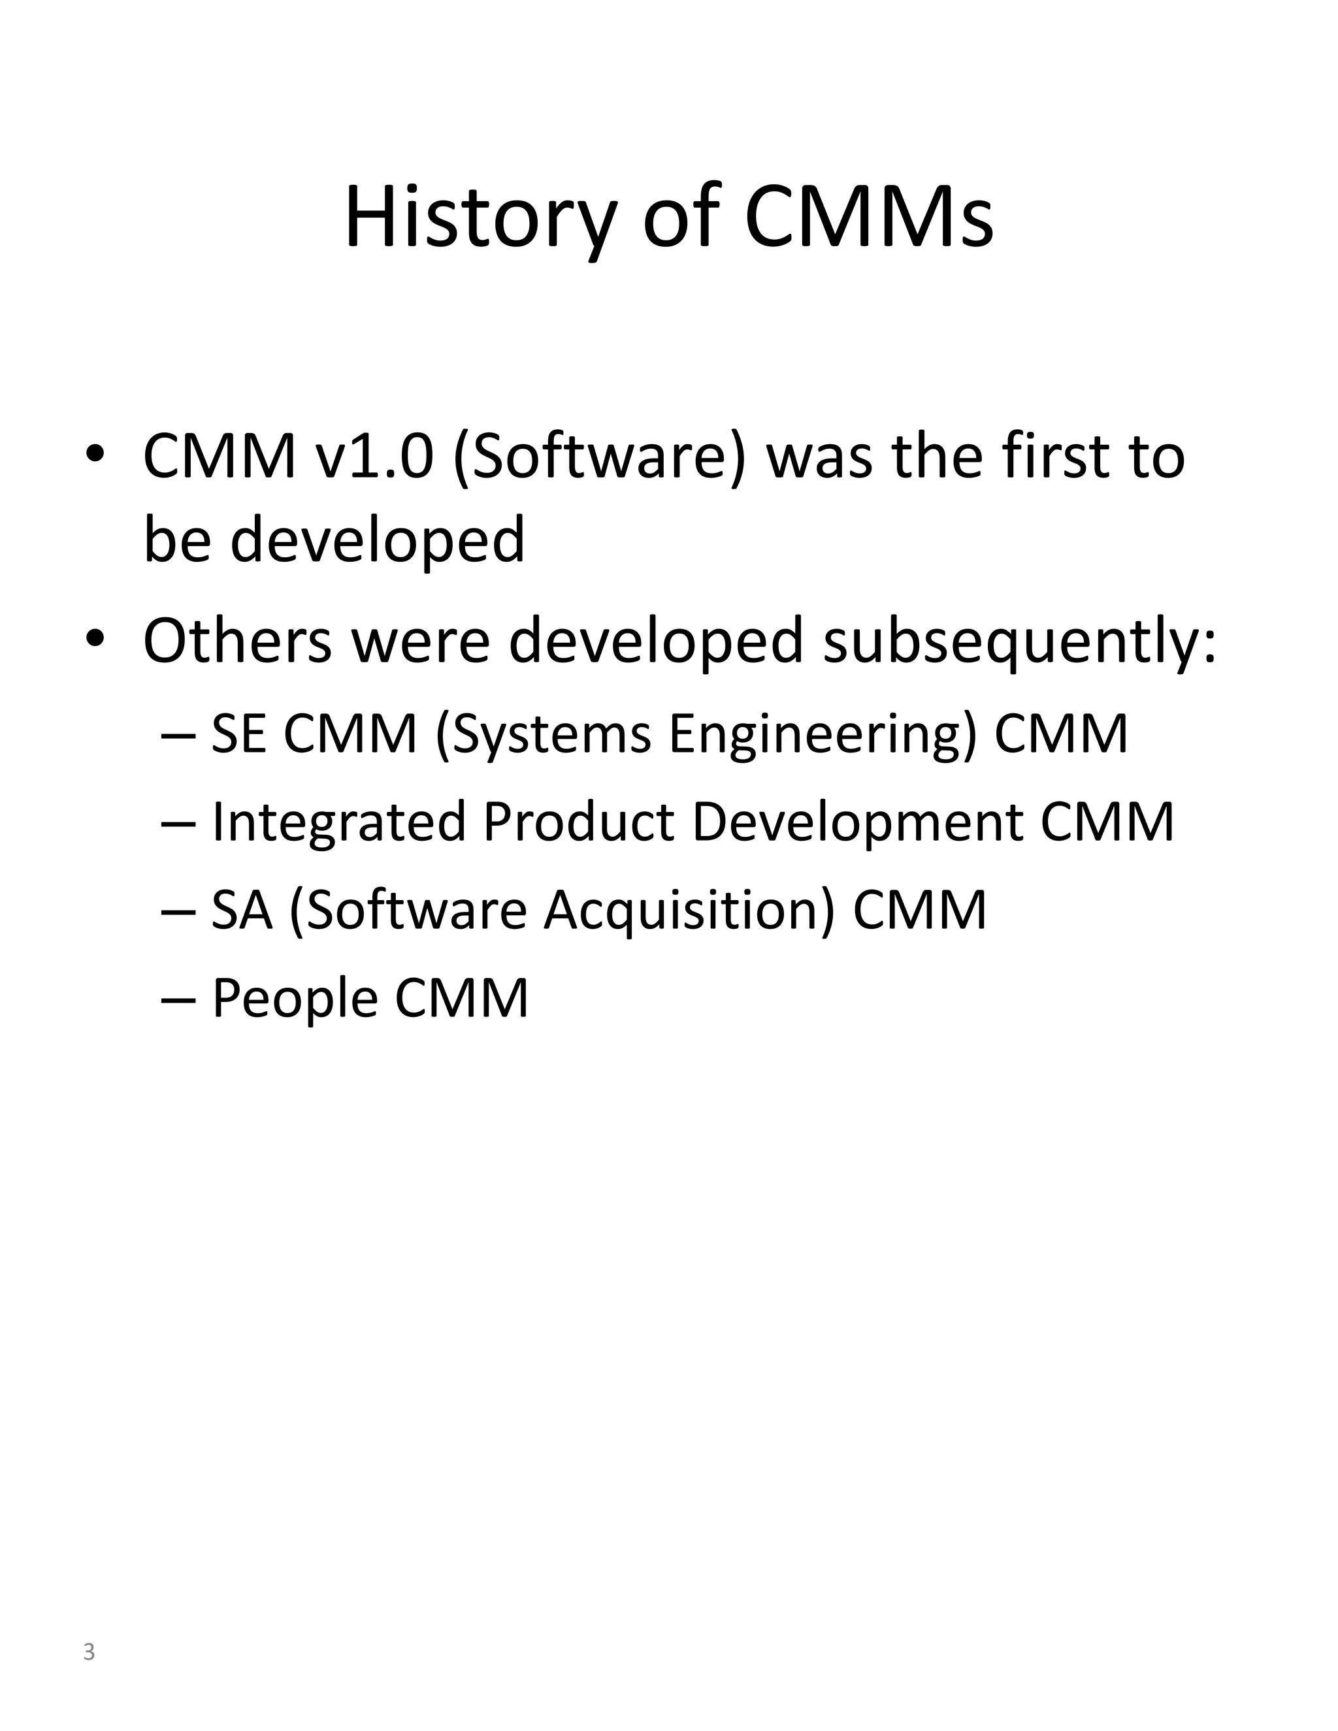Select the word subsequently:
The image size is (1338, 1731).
1019,642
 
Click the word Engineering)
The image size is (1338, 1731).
822,735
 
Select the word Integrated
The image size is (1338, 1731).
338,822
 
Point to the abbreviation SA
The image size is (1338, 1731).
242,910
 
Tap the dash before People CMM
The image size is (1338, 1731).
178,999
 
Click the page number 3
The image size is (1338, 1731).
89,1652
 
